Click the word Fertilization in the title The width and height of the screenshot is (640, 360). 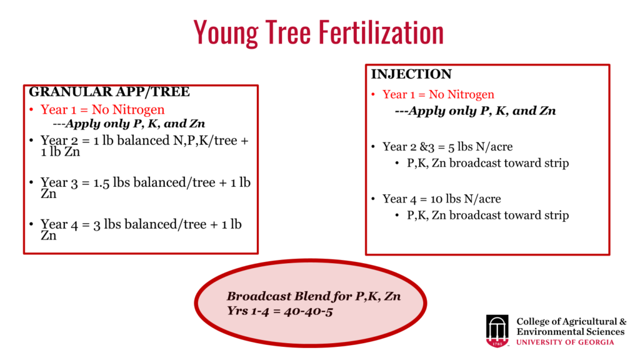[381, 32]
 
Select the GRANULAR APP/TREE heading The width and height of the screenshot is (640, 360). [109, 91]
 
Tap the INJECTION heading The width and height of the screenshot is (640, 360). [411, 74]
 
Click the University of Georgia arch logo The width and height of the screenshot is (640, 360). [497, 331]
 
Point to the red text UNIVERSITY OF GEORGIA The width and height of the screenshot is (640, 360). [565, 342]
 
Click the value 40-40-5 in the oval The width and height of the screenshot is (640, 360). [308, 311]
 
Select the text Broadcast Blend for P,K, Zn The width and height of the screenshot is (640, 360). [314, 296]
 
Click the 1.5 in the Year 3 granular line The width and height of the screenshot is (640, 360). [101, 182]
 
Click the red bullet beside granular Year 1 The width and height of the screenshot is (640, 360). [31, 109]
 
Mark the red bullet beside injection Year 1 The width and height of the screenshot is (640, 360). [373, 94]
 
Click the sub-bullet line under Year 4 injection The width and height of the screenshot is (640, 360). [487, 215]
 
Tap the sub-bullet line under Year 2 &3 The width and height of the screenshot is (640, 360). [487, 163]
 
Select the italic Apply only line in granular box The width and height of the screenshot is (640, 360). [129, 124]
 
